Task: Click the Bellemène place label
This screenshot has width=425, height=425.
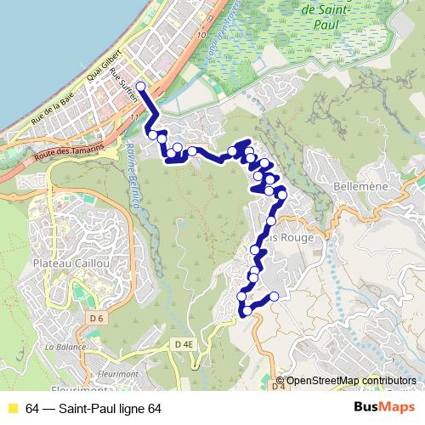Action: (352, 184)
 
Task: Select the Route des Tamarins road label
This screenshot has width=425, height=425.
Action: (71, 152)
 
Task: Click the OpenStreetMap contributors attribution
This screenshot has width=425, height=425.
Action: (351, 380)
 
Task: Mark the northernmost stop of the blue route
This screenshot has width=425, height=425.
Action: (140, 87)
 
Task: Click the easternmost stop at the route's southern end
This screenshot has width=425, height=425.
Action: (274, 296)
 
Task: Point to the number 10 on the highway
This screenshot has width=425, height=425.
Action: (201, 36)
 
